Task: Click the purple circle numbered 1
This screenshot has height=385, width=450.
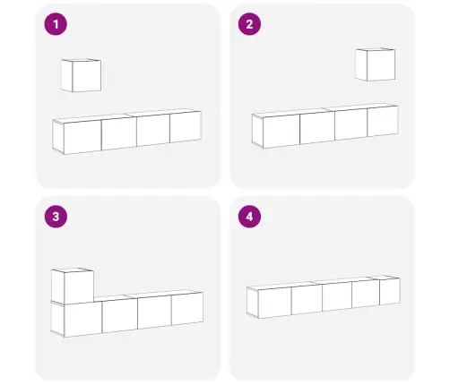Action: tap(56, 24)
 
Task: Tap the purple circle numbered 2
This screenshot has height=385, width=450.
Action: tap(249, 24)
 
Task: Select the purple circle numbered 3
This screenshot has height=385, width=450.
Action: tap(56, 217)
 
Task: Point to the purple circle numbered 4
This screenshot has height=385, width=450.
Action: tap(249, 217)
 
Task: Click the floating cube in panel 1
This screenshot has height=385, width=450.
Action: tap(81, 75)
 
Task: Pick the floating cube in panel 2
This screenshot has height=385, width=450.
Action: tap(376, 64)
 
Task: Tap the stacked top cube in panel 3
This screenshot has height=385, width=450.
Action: tap(73, 286)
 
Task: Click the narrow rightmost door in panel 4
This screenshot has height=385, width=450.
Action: tap(390, 291)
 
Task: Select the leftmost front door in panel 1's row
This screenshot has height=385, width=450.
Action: tap(82, 137)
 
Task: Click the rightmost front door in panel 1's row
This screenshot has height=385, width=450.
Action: tap(186, 127)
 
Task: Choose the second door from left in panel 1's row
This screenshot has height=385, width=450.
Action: tap(119, 133)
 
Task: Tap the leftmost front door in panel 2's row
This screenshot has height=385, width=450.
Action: tap(281, 131)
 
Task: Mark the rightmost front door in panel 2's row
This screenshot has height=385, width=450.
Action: tap(383, 121)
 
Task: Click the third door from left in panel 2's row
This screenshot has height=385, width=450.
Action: tap(350, 124)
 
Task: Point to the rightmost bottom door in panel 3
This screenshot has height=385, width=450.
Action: tap(187, 309)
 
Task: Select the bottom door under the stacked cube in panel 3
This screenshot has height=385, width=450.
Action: tap(82, 319)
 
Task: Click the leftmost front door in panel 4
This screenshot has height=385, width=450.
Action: tap(274, 303)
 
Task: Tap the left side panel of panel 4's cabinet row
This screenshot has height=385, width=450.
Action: tap(252, 302)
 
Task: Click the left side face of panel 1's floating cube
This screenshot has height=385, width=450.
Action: tap(66, 75)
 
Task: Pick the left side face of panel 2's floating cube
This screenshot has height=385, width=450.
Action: tap(361, 64)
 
